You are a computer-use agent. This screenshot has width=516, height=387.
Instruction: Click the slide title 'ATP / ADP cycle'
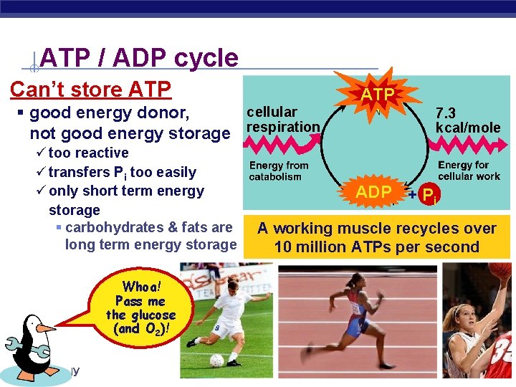pos(139,57)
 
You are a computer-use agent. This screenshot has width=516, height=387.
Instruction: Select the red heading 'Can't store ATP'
pos(90,90)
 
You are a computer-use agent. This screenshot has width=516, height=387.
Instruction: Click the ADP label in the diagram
pos(373,192)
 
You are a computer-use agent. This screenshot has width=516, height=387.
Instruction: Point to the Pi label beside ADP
pos(428,195)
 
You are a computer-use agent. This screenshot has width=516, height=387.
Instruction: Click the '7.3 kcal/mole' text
pos(467,120)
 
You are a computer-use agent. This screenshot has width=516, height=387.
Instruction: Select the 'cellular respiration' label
pos(282,120)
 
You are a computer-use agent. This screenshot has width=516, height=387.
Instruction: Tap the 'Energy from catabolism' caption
pos(279,171)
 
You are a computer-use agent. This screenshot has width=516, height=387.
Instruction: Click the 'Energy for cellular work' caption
pos(469,171)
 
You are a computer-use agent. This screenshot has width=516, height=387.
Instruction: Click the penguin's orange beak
pos(47,328)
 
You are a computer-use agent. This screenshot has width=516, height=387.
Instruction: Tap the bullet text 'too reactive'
pos(88,153)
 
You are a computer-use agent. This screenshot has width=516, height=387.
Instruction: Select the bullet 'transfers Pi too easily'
pos(122,172)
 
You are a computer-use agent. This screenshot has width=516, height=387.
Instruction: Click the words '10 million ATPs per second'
pos(376,247)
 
